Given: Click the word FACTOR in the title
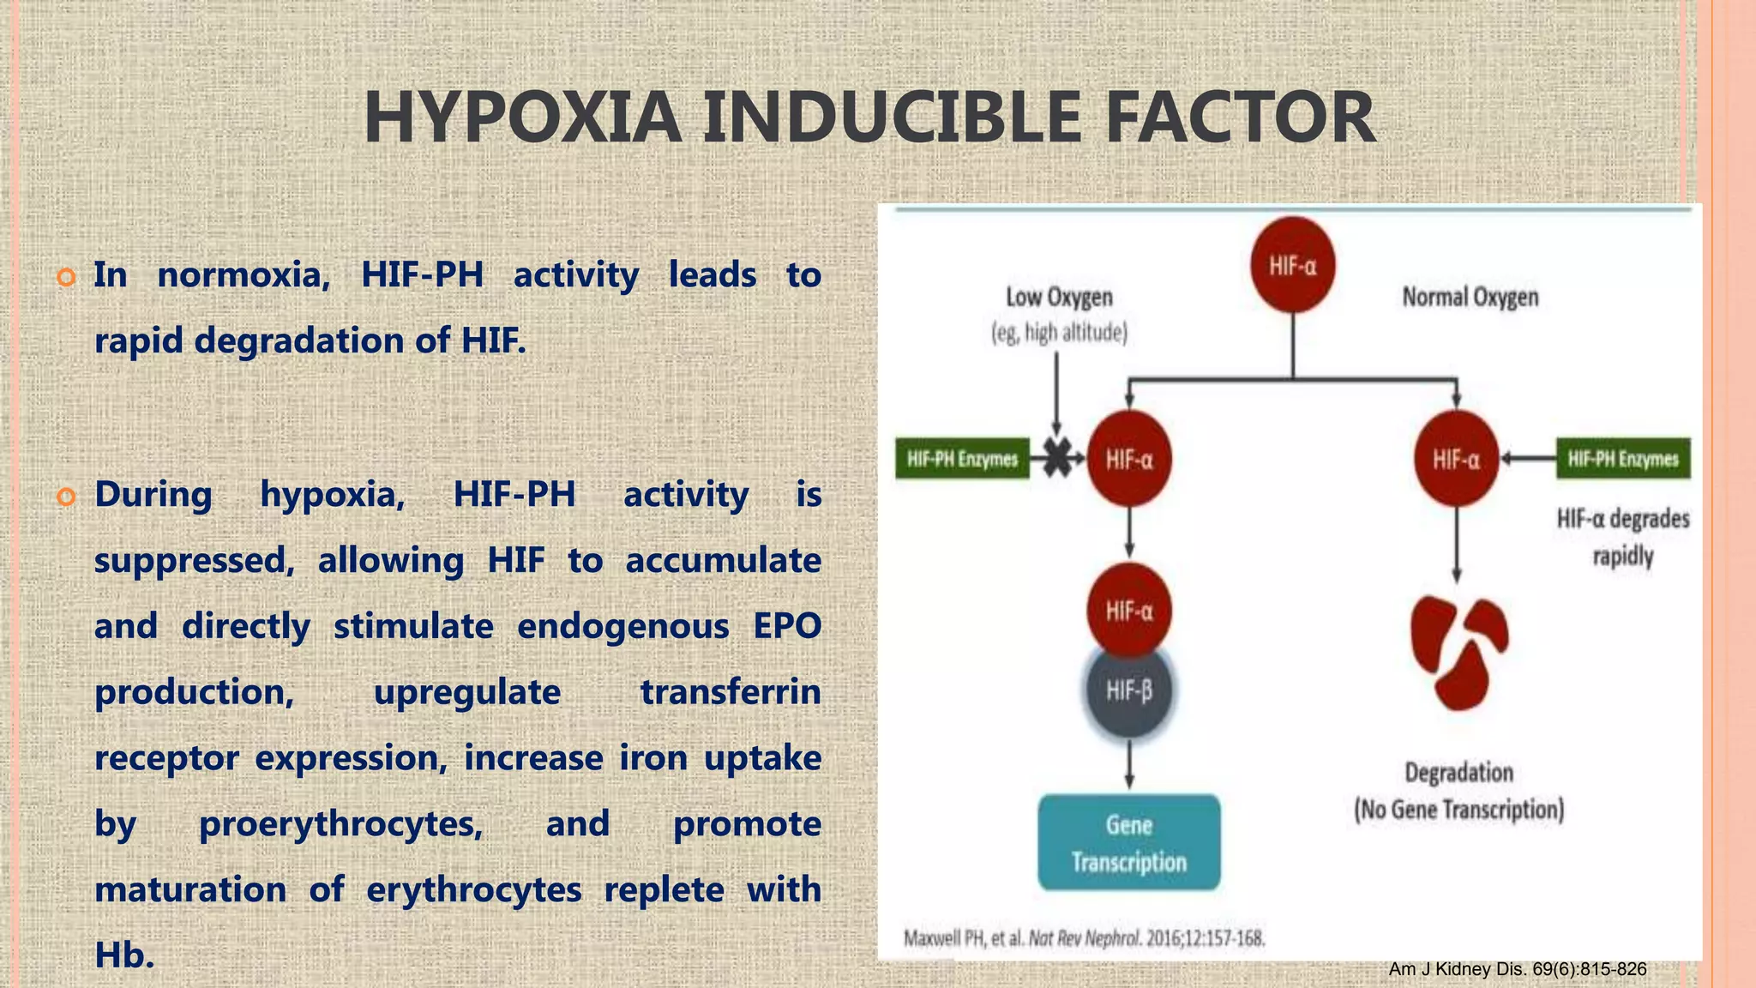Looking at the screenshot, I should pos(1241,117).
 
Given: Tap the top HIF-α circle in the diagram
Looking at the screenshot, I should pos(1292,266).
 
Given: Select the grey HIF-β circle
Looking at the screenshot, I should pos(1128,690).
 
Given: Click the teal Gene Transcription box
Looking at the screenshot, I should pos(1128,842).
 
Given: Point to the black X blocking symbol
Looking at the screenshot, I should pos(1058,459).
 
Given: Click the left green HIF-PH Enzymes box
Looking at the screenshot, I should pos(962,459).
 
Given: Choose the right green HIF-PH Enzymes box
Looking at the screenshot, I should pos(1623,459).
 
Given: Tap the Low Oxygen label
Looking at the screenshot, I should pos(1059,298).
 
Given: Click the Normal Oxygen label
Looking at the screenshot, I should pos(1470,298).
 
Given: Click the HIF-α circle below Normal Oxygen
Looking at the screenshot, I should pos(1456,460).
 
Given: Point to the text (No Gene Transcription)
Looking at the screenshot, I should pos(1458,810).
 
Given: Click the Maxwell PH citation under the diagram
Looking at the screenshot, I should pos(1084,938).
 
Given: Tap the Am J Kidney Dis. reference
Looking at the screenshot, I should pos(1517,969).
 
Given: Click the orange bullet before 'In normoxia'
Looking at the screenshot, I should pos(66,277).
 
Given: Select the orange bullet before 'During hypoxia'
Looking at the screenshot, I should pos(66,497).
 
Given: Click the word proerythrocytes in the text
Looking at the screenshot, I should pos(340,824).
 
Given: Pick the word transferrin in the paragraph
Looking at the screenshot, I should pos(730,692).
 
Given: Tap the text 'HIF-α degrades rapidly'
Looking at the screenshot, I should pos(1622,537).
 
